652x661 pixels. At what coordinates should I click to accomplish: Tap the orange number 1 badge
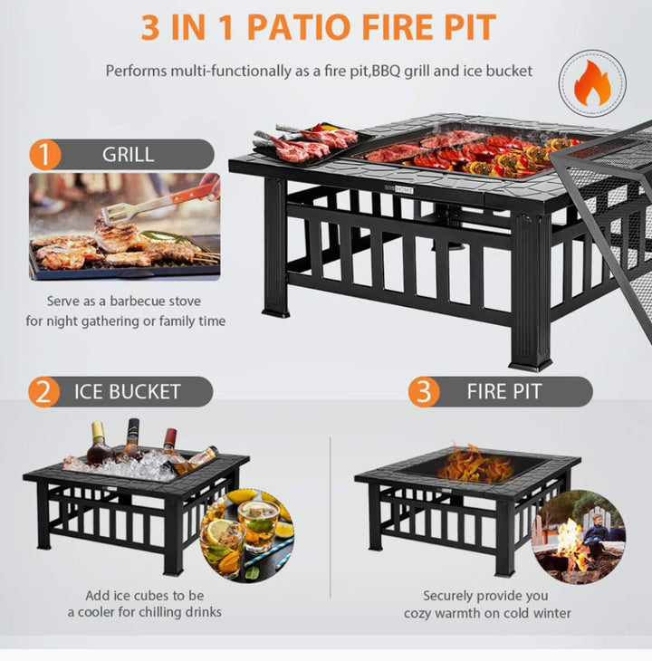(44, 153)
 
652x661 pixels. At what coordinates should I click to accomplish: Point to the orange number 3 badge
(423, 392)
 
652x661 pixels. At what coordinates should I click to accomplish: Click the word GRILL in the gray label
(128, 154)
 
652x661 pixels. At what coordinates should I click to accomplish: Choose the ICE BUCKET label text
(128, 392)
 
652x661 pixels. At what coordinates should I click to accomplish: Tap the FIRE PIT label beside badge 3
(504, 392)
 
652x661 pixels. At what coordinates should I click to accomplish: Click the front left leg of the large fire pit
(275, 258)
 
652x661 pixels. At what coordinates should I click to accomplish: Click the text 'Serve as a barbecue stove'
(124, 302)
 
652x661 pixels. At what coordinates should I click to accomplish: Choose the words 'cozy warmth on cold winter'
(487, 613)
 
